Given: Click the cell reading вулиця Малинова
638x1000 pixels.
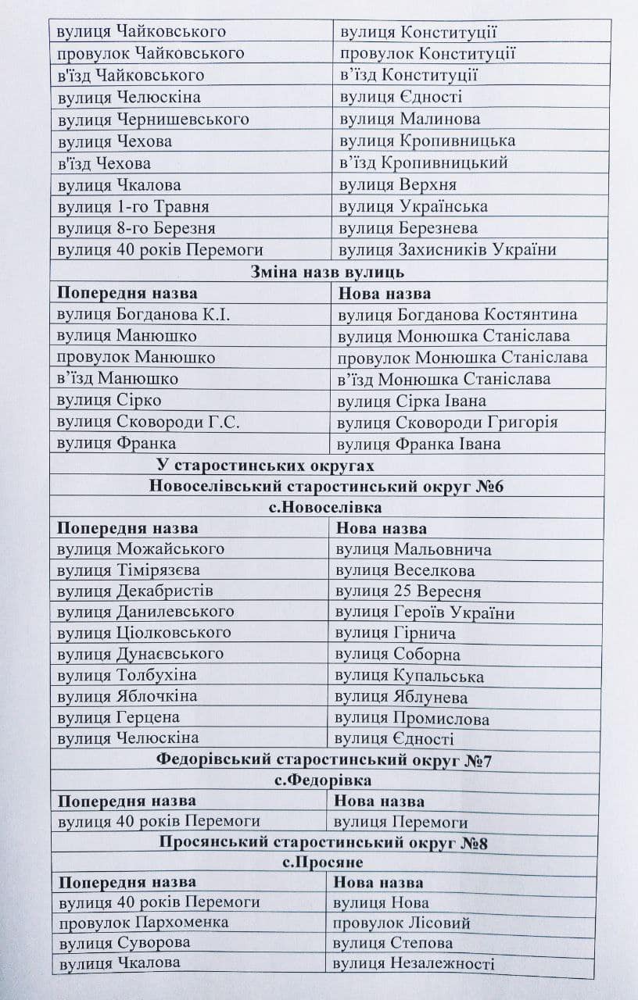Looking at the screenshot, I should pos(410,119).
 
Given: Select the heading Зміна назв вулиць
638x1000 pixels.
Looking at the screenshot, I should pos(327,272).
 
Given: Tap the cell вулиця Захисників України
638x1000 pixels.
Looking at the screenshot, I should pos(448,250).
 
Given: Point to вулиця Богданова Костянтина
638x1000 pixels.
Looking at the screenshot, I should pos(457,314).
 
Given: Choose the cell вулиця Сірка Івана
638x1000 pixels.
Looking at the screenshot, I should pos(411,401).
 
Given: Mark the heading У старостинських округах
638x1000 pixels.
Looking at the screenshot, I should pos(265,465).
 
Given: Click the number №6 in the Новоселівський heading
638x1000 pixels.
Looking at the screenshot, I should pos(487,487).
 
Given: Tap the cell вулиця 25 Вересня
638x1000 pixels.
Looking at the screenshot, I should pos(408,591).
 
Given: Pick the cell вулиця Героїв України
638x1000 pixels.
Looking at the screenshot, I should pos(425,612).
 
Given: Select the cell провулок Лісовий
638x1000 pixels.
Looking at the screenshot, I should pos(401,923).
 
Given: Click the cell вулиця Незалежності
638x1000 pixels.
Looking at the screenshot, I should pos(413,964).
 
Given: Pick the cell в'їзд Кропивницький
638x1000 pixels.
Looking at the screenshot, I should pos(424,162).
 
